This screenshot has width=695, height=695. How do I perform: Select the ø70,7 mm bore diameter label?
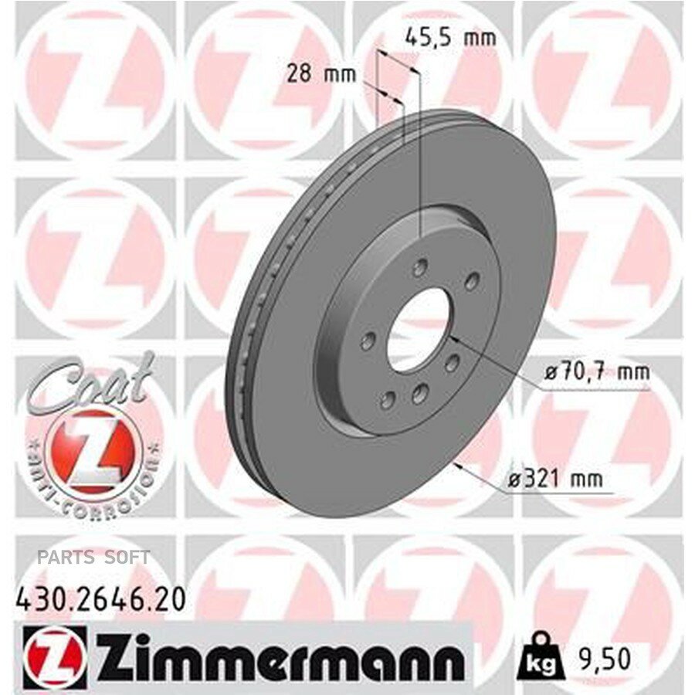pyautogui.click(x=597, y=372)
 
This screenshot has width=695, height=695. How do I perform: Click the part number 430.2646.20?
pyautogui.click(x=100, y=600)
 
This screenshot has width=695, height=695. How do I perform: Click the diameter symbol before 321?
pyautogui.click(x=517, y=480)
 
